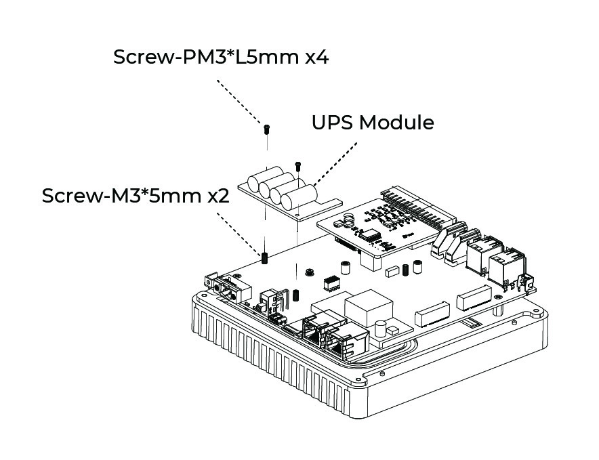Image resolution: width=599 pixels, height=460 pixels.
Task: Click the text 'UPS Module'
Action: tap(372, 123)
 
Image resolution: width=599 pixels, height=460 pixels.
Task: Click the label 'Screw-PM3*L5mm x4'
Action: tap(221, 57)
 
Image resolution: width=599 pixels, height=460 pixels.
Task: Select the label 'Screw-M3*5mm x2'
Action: tap(136, 196)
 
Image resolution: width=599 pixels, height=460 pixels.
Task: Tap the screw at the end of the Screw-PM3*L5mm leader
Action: tap(268, 128)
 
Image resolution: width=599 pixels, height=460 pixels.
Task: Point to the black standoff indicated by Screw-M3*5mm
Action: tap(265, 257)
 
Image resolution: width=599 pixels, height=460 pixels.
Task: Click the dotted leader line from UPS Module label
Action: tap(336, 163)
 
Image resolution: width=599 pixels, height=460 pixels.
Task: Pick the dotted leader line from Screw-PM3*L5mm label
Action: tap(240, 102)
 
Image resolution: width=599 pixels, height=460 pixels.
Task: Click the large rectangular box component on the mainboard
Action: tap(368, 308)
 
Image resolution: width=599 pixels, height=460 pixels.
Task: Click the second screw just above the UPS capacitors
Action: tap(298, 165)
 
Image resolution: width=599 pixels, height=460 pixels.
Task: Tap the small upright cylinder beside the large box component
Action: tap(381, 329)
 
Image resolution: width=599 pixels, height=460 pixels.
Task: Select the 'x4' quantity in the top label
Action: tap(316, 57)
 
